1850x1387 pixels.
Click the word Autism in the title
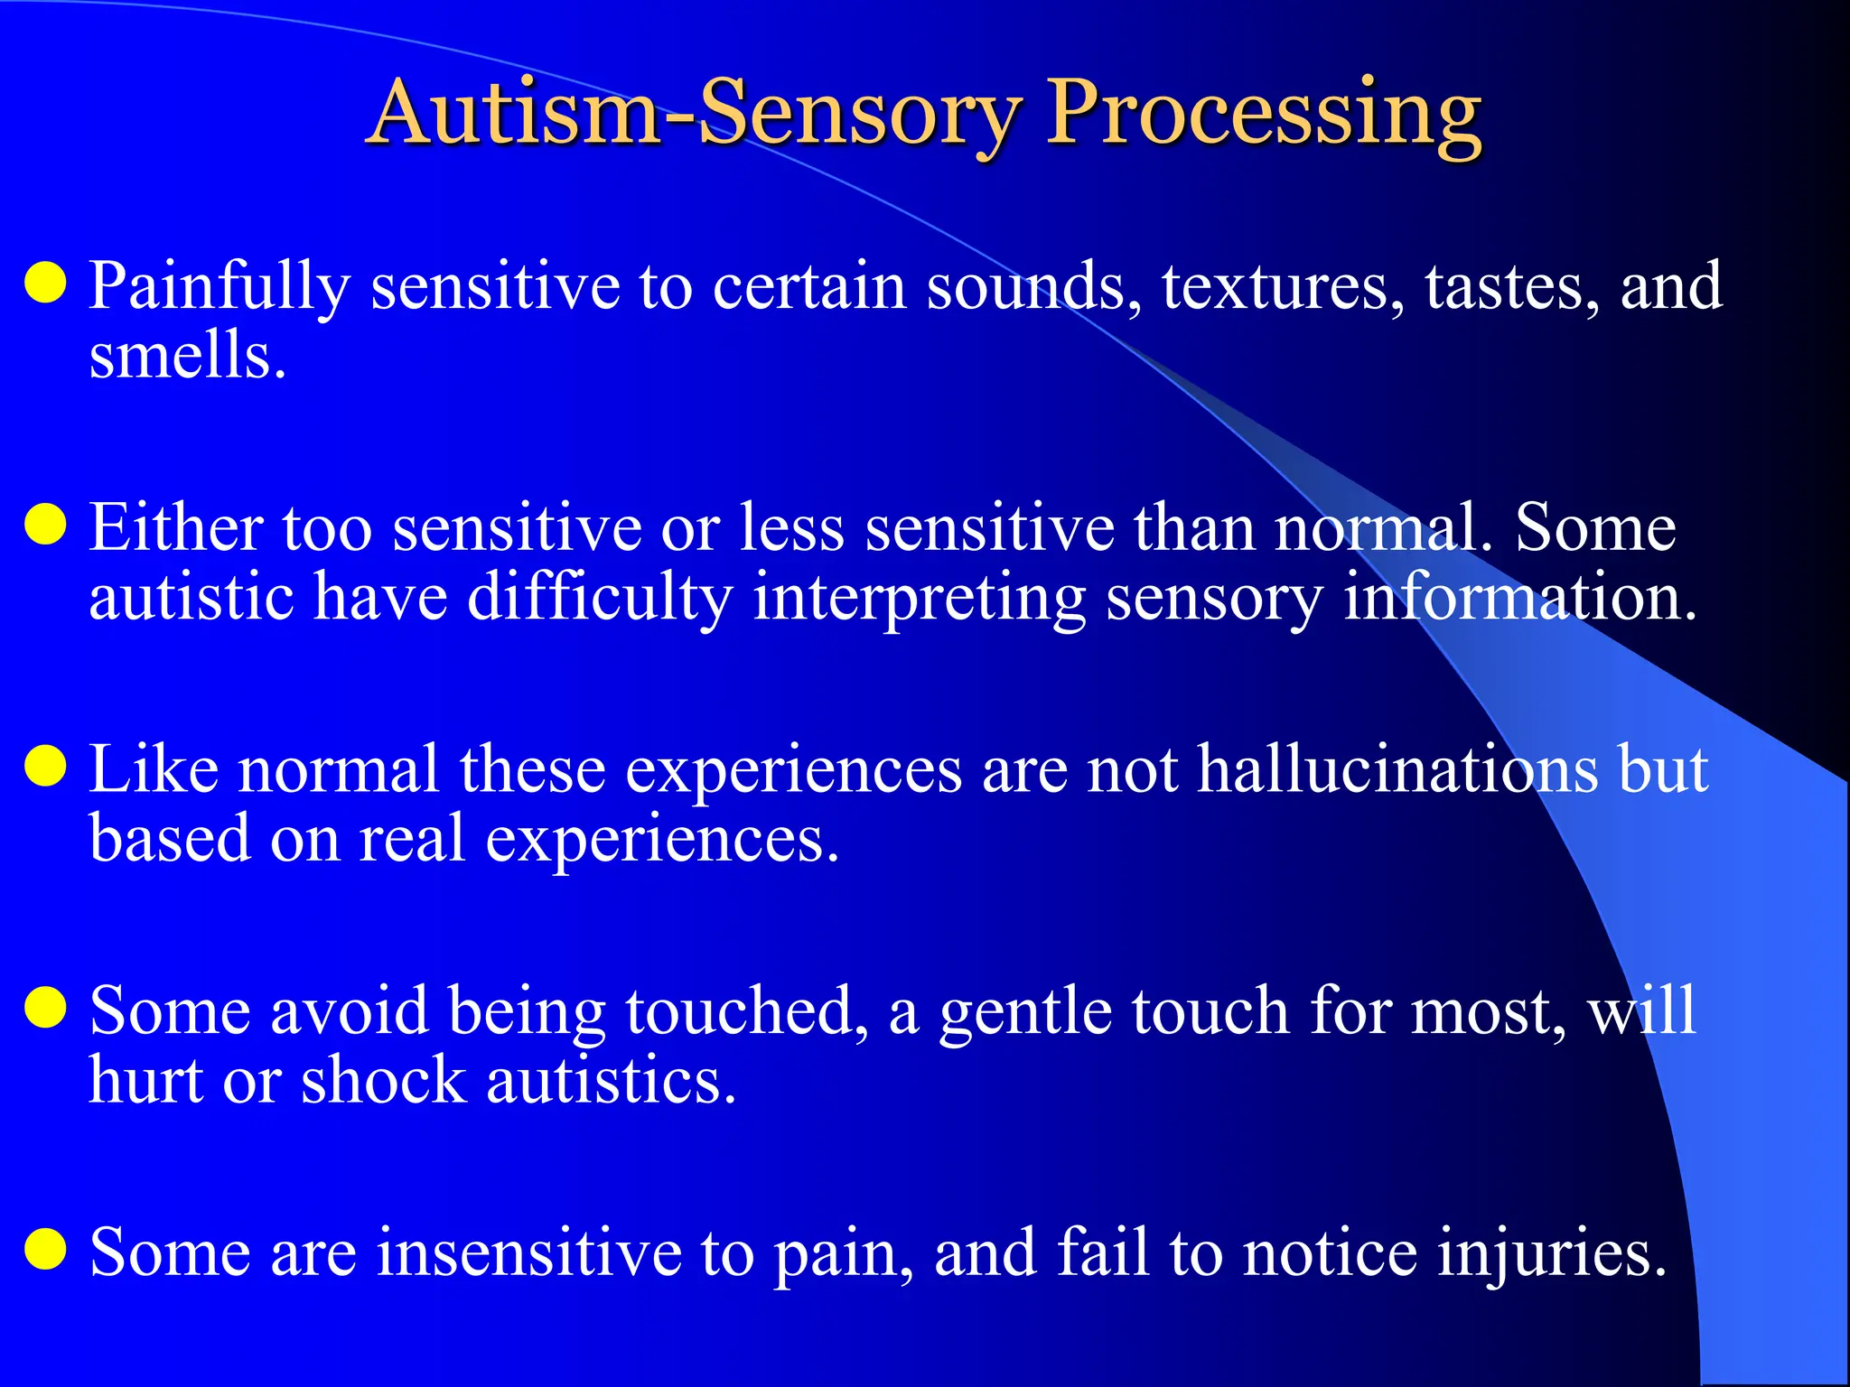pos(515,113)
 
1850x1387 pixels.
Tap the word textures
pos(1284,287)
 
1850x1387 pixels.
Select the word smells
pos(187,355)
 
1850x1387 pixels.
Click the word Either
pos(176,528)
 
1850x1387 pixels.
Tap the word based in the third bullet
pos(170,839)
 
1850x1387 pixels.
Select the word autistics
pos(611,1081)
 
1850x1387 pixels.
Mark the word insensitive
pos(529,1253)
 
